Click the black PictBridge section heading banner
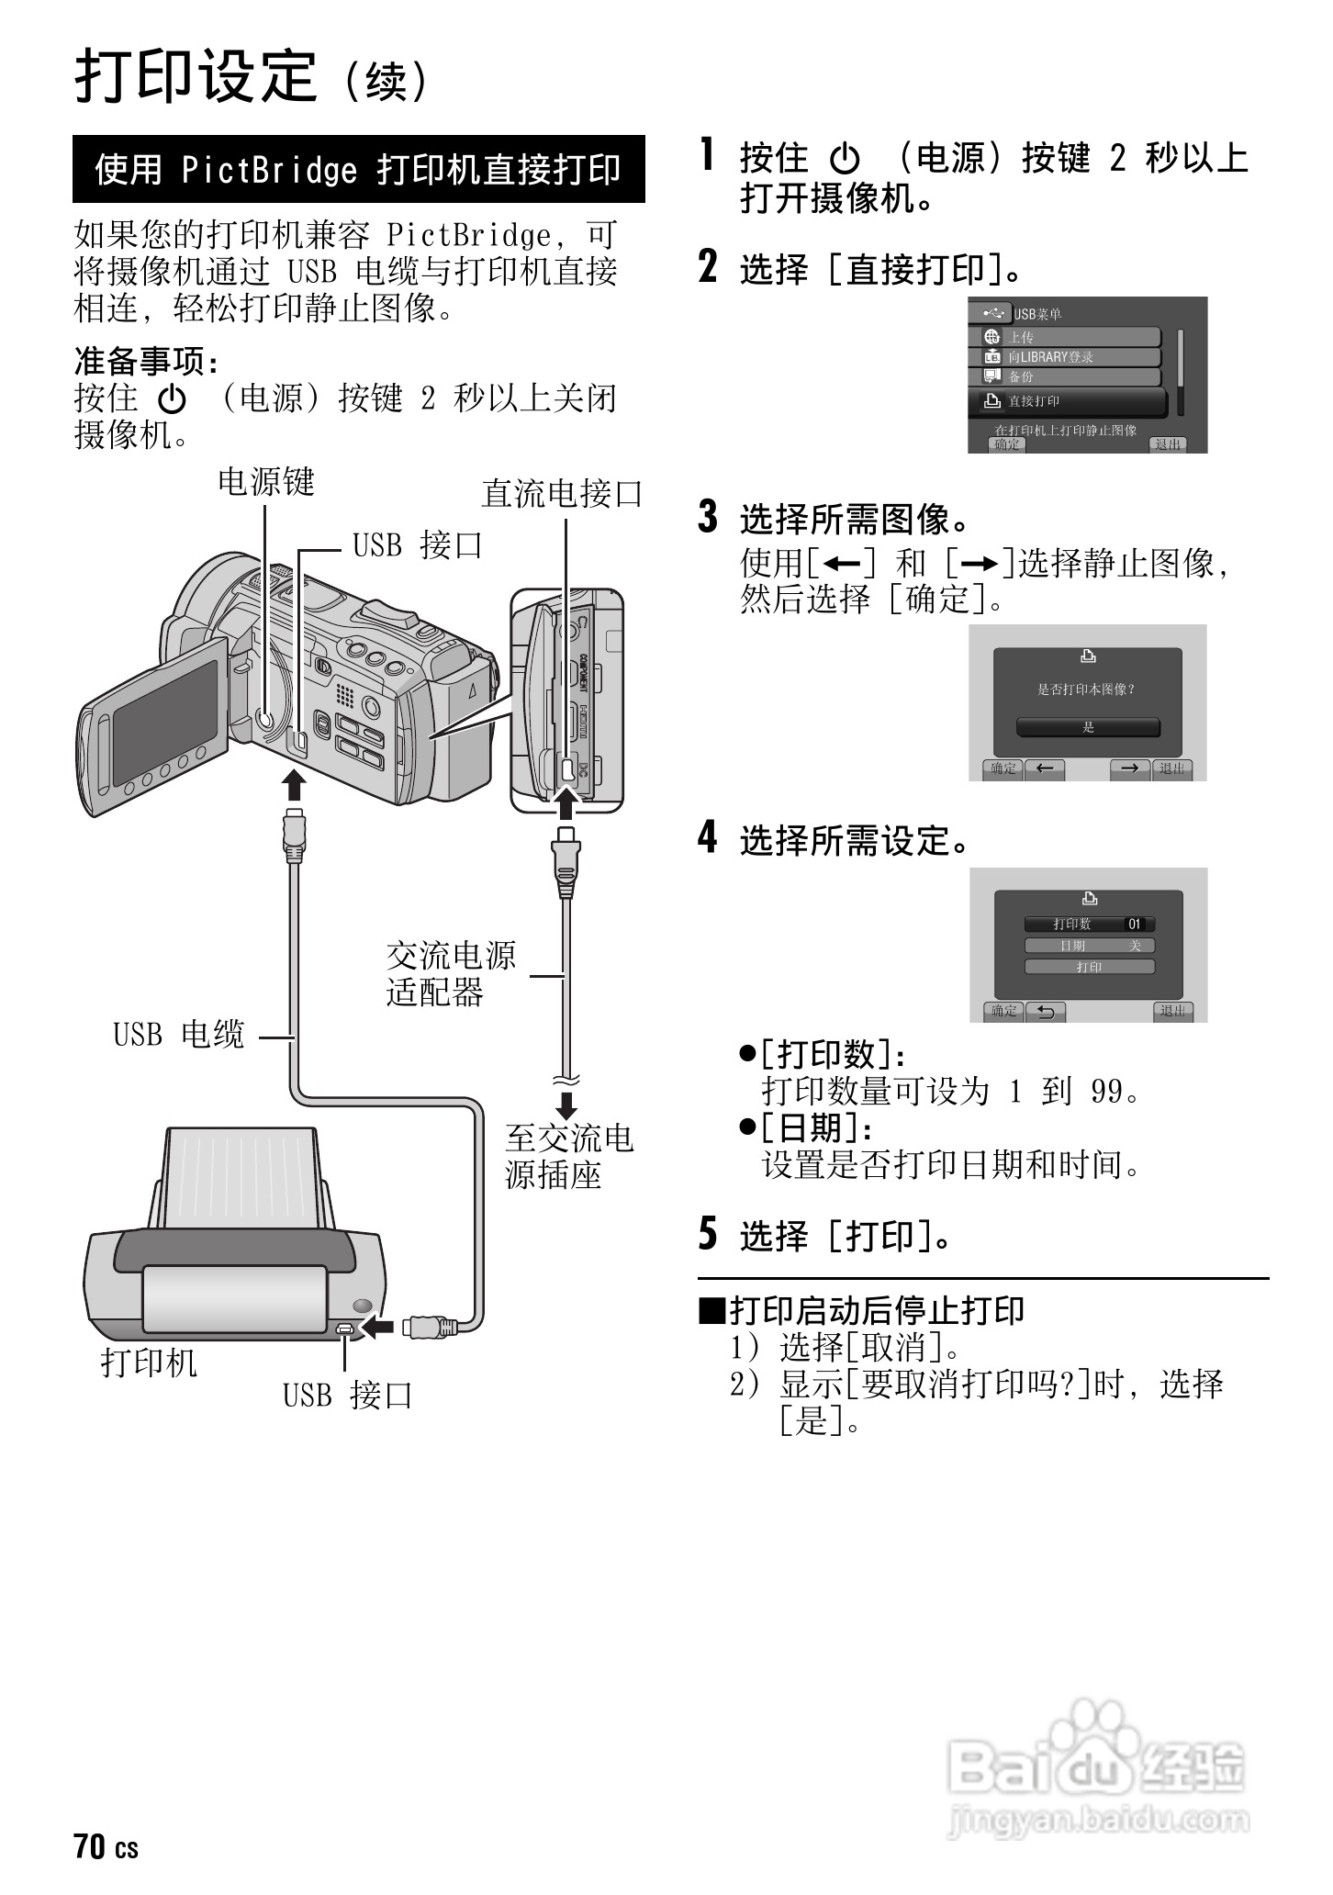coord(358,170)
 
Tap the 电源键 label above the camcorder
coord(266,482)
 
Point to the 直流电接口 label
coord(562,494)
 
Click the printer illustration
coord(234,1249)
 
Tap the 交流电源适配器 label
coord(451,974)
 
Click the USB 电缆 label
coord(179,1035)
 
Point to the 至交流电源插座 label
coord(569,1157)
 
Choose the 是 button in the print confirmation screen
coord(1088,727)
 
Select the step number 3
coord(708,517)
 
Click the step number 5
coord(708,1234)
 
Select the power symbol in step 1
coord(845,160)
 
